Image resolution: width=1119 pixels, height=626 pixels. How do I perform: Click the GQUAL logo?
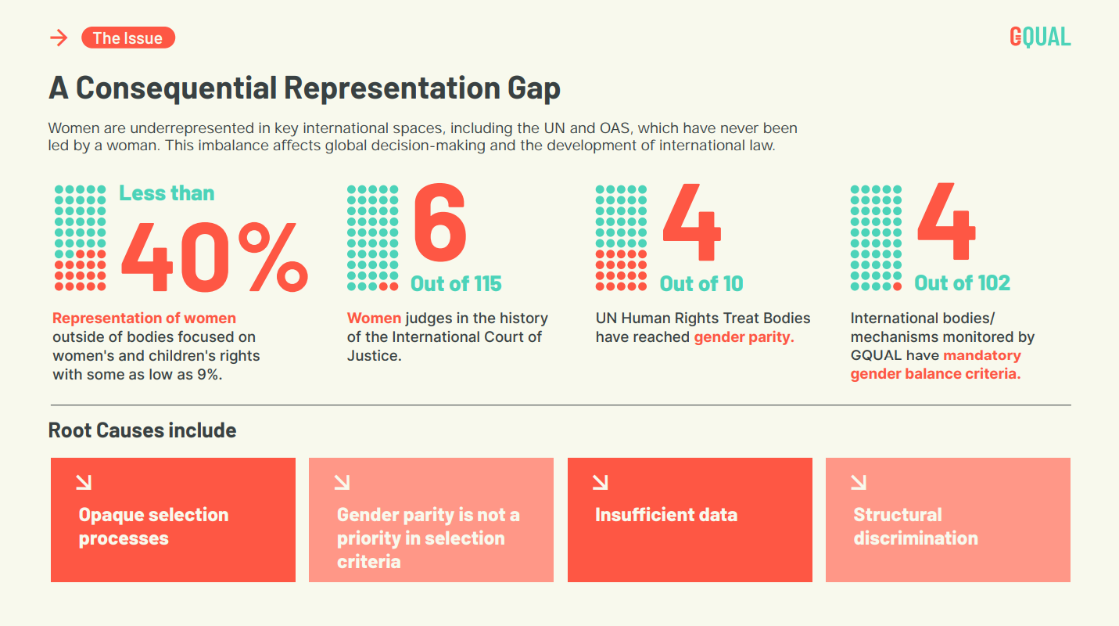[x=1040, y=37]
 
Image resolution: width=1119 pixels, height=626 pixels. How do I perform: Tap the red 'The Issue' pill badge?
[x=128, y=38]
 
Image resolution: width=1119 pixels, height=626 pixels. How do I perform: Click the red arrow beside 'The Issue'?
[x=59, y=38]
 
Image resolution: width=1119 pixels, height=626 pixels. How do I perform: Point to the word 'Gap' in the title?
[x=534, y=88]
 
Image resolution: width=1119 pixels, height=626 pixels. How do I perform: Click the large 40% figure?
[x=214, y=257]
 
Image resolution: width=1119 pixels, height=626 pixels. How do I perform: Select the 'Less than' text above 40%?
[x=167, y=193]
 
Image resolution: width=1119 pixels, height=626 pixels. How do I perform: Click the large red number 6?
[x=440, y=222]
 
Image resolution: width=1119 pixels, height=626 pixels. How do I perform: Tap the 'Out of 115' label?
[x=456, y=283]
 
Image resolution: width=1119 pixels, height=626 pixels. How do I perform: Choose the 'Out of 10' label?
[x=701, y=283]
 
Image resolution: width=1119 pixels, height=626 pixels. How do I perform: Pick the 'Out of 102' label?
[x=962, y=283]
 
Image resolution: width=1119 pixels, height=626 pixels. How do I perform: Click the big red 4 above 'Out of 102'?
[x=946, y=221]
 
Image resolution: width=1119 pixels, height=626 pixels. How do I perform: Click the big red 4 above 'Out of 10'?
[x=692, y=222]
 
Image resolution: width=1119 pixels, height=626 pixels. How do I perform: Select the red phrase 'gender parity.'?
[x=744, y=337]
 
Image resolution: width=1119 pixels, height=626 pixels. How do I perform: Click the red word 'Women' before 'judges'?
[x=374, y=318]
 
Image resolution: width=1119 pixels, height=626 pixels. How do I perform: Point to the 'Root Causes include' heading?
[x=142, y=430]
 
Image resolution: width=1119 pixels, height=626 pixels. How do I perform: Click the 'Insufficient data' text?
[x=666, y=515]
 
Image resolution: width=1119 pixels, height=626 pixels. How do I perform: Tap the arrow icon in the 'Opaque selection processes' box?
[x=84, y=483]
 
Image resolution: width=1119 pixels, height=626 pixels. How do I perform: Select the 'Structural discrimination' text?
[x=916, y=527]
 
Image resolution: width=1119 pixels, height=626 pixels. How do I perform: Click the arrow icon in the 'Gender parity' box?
[x=343, y=483]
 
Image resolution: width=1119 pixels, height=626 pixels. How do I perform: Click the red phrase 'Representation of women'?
[x=145, y=318]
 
